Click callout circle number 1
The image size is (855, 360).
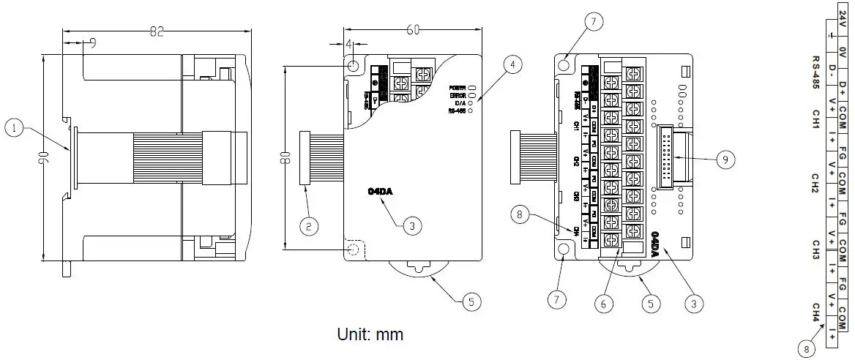click(x=14, y=128)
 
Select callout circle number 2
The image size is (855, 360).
click(x=309, y=227)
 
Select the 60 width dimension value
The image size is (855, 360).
click(x=413, y=29)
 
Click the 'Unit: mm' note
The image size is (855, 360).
click(x=370, y=335)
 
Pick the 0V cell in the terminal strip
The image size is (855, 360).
click(x=842, y=53)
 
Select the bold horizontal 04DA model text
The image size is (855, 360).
click(x=381, y=192)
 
